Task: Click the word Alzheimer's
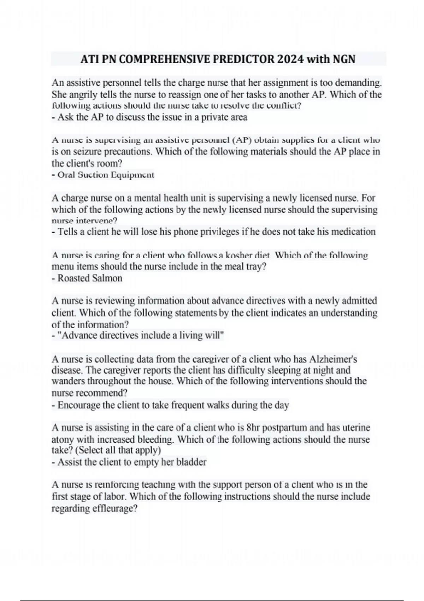tap(333, 360)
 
